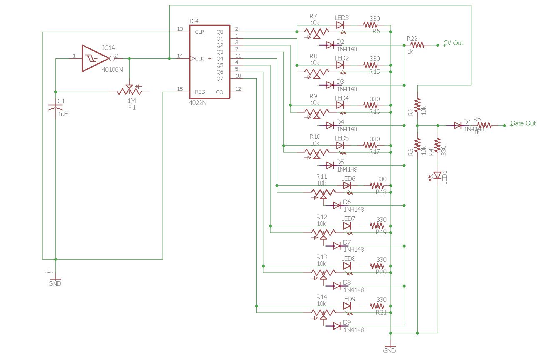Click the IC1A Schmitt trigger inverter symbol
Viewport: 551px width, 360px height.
pos(95,58)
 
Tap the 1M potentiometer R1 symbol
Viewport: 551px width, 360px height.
pos(129,90)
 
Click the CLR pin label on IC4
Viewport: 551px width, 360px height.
pos(199,32)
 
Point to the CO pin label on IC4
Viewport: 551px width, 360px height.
pos(220,92)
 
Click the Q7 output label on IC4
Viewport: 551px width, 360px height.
pos(220,79)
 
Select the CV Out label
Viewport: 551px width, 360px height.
pos(453,43)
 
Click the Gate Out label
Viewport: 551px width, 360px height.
pos(523,123)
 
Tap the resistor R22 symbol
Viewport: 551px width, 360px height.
pos(417,45)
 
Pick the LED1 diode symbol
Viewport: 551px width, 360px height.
pos(437,175)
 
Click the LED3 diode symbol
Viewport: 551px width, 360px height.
pos(340,25)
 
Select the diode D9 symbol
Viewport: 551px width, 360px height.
pos(337,326)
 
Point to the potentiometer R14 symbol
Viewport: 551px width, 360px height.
pos(323,313)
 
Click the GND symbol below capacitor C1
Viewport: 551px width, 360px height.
pos(55,280)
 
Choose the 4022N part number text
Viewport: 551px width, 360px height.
pos(198,102)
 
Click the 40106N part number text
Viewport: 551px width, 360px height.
pos(113,70)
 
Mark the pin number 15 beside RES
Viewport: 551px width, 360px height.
pos(180,89)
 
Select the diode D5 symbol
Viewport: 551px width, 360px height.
pos(331,165)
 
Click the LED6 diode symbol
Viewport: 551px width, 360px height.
pos(347,186)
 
